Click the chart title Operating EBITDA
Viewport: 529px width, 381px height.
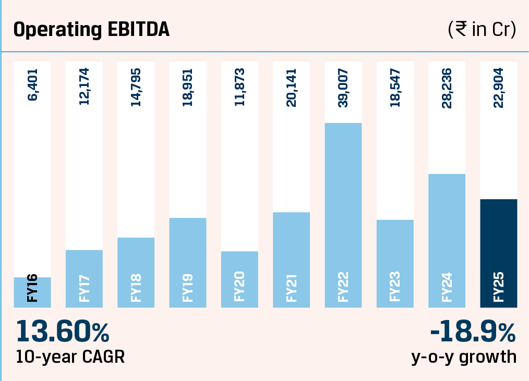91,30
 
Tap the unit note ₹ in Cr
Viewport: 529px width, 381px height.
482,30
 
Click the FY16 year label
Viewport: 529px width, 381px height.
32,291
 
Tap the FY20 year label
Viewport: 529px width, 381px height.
239,291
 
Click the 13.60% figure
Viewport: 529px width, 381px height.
63,331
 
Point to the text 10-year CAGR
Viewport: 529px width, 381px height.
70,358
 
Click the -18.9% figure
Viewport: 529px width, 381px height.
473,331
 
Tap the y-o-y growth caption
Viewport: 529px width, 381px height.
464,358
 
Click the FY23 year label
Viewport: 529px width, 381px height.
395,291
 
